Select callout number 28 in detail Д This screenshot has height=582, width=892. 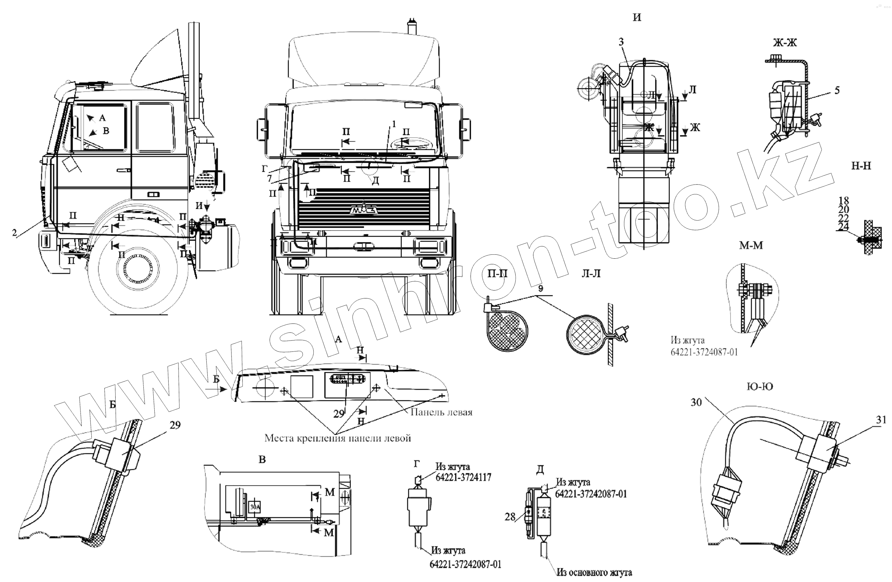click(510, 517)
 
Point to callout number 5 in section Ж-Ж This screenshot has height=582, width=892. click(837, 91)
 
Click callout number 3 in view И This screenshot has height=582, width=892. click(621, 42)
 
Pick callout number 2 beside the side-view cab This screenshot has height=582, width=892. click(14, 233)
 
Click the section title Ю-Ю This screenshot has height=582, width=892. click(760, 386)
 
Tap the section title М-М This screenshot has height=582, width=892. click(751, 245)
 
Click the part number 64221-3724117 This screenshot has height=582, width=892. click(463, 477)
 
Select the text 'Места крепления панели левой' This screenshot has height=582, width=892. click(338, 438)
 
